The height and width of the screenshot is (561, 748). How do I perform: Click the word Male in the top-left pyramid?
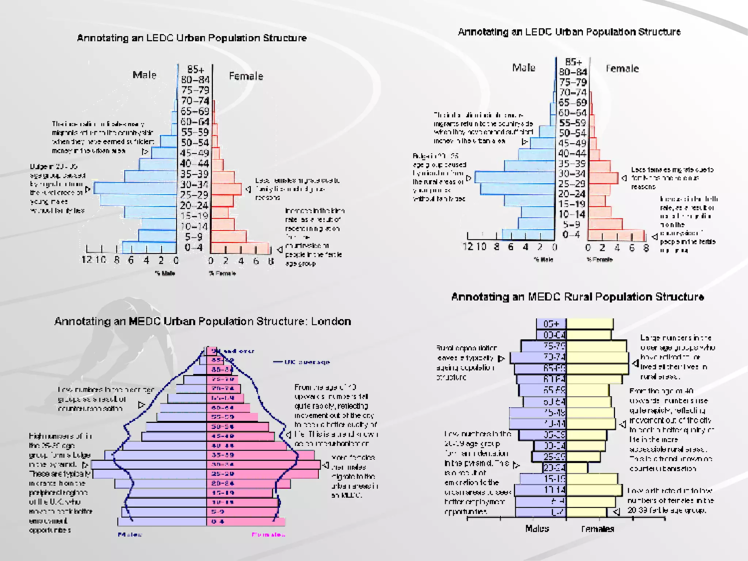click(144, 75)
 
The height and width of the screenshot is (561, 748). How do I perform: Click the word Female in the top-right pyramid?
click(622, 69)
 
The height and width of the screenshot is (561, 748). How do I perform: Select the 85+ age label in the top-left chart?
click(195, 69)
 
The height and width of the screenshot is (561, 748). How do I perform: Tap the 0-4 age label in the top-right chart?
click(571, 234)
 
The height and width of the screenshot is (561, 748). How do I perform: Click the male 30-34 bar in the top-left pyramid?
click(135, 188)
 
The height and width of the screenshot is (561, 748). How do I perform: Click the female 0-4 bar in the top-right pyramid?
click(616, 235)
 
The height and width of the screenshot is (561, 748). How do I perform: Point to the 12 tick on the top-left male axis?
click(86, 260)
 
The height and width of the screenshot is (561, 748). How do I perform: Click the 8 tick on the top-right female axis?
click(646, 248)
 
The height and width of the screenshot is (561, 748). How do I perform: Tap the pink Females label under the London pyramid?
click(268, 535)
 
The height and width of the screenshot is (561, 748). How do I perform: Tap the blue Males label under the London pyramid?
click(130, 535)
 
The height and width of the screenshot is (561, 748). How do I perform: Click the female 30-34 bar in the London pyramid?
click(263, 465)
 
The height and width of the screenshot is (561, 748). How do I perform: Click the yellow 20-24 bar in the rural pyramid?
click(577, 467)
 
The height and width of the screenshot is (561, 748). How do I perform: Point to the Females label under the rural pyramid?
click(598, 529)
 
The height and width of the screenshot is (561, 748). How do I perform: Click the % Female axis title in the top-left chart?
click(222, 273)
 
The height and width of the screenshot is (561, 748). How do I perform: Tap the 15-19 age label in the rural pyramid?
click(554, 479)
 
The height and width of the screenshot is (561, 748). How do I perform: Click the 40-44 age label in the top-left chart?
click(194, 163)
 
